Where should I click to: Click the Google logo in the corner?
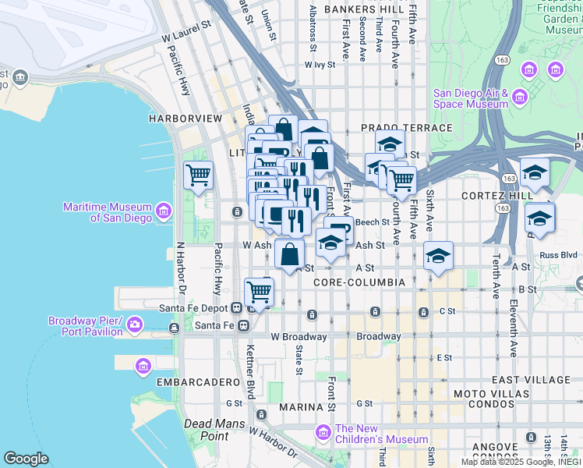coord(26,459)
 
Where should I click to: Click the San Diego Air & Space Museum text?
coord(471,98)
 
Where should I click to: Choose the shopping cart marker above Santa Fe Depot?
coord(259,292)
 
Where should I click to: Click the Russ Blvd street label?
coord(558,253)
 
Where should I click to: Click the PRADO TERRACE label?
coord(406,127)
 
